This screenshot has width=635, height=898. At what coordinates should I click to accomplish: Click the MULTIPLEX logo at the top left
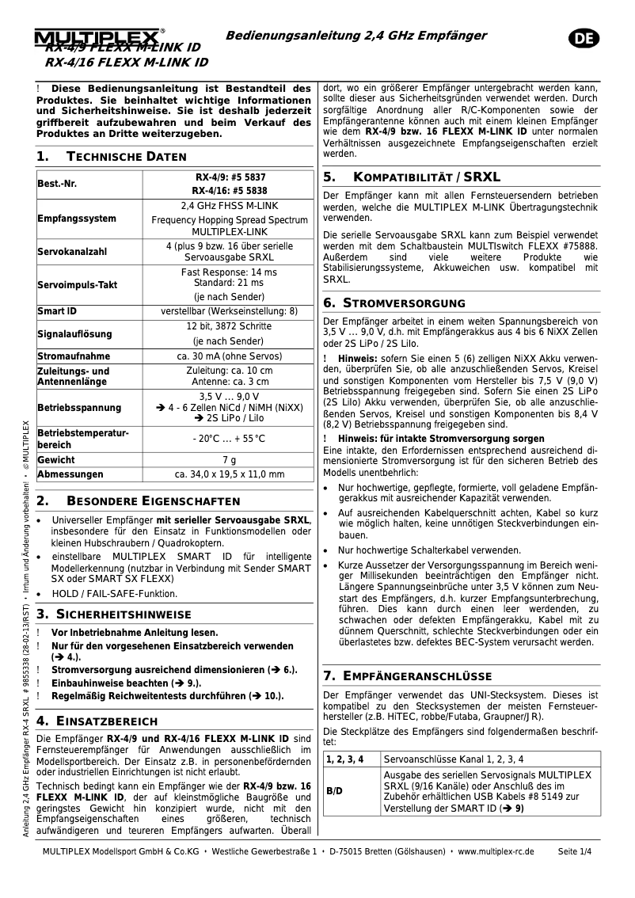[x=98, y=37]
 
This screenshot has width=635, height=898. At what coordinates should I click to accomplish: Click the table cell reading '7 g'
[x=229, y=459]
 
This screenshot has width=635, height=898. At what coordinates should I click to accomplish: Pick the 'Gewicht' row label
[x=56, y=459]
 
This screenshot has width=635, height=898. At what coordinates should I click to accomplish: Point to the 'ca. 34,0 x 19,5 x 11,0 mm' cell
[x=229, y=474]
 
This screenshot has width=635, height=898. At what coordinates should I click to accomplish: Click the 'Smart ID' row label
[x=57, y=311]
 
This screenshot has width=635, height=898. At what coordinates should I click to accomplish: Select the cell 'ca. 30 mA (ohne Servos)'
[x=229, y=356]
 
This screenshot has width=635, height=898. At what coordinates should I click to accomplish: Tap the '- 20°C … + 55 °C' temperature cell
[x=229, y=439]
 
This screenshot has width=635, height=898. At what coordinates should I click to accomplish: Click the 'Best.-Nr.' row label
[x=57, y=185]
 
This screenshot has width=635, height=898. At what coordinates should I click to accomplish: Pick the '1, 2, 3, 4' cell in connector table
[x=344, y=759]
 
